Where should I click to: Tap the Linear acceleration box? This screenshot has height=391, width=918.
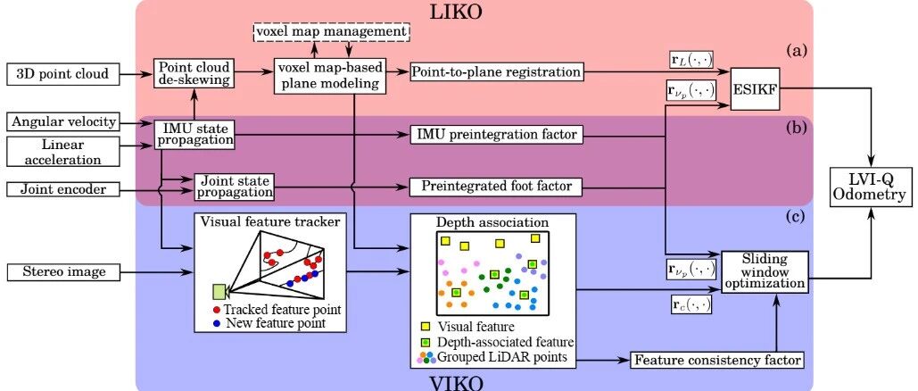pyautogui.click(x=63, y=151)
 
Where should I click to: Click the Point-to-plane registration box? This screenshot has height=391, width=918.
pyautogui.click(x=496, y=72)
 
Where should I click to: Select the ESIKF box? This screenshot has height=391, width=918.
pyautogui.click(x=756, y=91)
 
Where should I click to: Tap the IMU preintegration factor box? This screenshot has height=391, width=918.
pyautogui.click(x=496, y=135)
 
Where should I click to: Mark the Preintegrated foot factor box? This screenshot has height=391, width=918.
pyautogui.click(x=496, y=187)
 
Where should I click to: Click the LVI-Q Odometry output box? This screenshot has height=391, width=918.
pyautogui.click(x=872, y=187)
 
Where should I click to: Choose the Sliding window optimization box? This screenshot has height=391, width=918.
pyautogui.click(x=765, y=270)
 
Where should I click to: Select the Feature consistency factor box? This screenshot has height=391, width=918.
pyautogui.click(x=716, y=359)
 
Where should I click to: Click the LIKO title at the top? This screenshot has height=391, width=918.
pyautogui.click(x=456, y=12)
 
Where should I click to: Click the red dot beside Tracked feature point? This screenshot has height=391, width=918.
pyautogui.click(x=217, y=310)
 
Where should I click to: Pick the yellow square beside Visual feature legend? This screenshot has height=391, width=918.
pyautogui.click(x=426, y=327)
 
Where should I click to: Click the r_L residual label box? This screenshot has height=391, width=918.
pyautogui.click(x=691, y=59)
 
